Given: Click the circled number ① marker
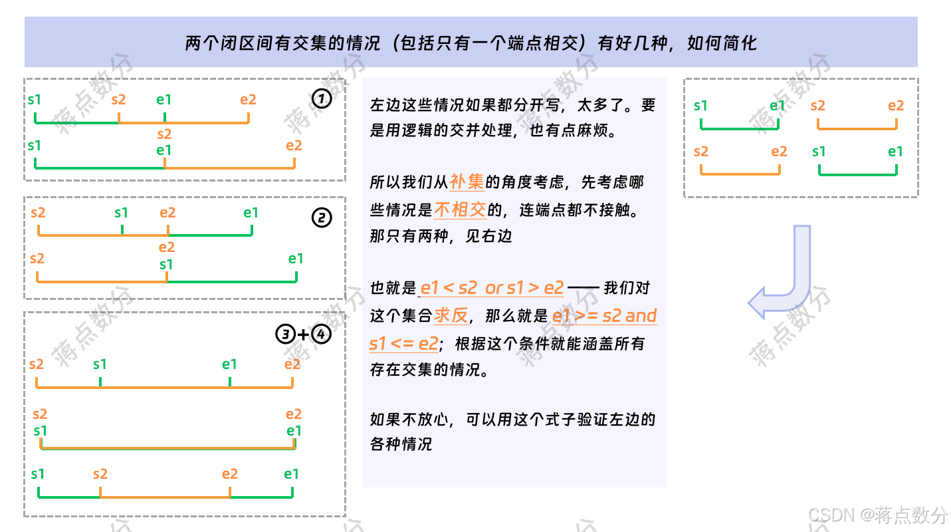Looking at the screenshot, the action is point(322,99).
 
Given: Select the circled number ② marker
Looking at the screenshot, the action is point(322,217).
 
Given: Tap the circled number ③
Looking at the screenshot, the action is point(286,334).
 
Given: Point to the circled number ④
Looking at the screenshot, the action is point(321,334).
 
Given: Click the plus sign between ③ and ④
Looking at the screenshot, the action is point(304,334).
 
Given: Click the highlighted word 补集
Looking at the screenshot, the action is point(467,182).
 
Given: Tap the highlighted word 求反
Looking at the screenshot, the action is point(451,315).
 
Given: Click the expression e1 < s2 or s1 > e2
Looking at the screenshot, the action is point(492,288).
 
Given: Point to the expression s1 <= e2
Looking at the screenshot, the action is point(403,344).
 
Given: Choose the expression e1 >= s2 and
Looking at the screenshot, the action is point(604,315).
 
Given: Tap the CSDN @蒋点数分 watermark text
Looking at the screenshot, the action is point(878,514).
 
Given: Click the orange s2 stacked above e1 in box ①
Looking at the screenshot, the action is point(164,134).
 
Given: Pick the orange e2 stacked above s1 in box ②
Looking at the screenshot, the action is point(167,247).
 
